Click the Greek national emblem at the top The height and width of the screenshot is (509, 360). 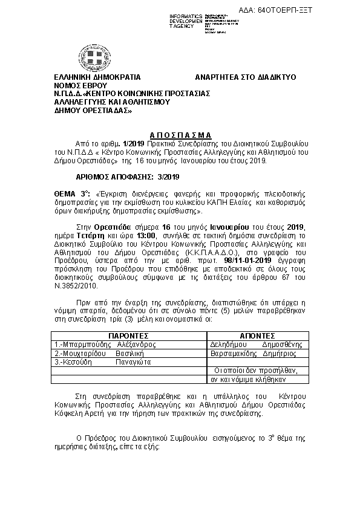point(97,58)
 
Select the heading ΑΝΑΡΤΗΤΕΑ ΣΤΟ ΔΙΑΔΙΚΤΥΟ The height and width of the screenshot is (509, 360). point(245,78)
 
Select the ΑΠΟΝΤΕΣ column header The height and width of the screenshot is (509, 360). point(257,334)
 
